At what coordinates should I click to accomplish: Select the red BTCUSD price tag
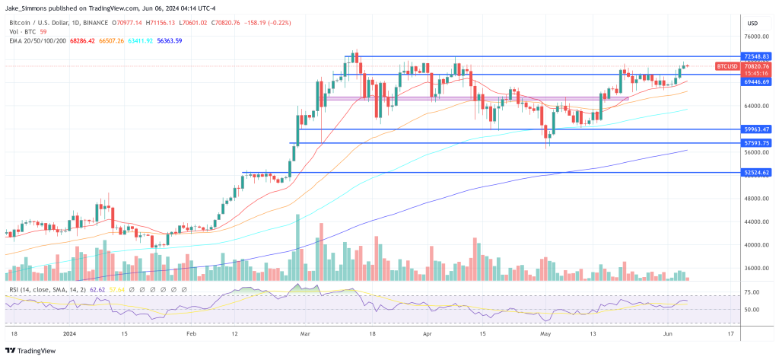(x=728, y=66)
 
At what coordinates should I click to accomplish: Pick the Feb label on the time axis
(x=191, y=333)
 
